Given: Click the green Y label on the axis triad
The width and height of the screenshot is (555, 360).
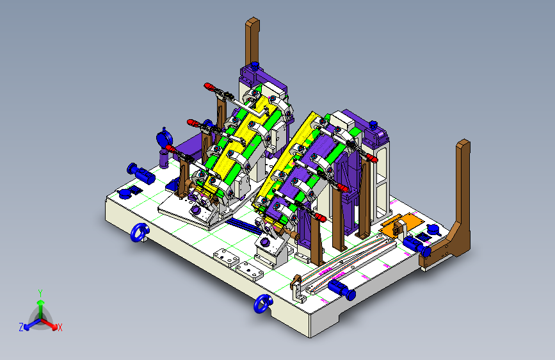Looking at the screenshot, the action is pos(40,293).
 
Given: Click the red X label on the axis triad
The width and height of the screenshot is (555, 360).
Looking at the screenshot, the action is pos(60,328).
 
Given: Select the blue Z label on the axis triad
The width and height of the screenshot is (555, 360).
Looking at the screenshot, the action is pos(21,327).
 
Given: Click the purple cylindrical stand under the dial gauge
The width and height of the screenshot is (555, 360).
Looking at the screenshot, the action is pos(164,158).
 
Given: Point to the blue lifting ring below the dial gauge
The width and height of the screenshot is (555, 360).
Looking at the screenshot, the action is pos(140,233).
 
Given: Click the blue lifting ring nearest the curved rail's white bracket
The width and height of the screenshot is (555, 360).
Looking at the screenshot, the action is pos(263,304).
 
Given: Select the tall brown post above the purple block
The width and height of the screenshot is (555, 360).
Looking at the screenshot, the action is pos(252,42).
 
